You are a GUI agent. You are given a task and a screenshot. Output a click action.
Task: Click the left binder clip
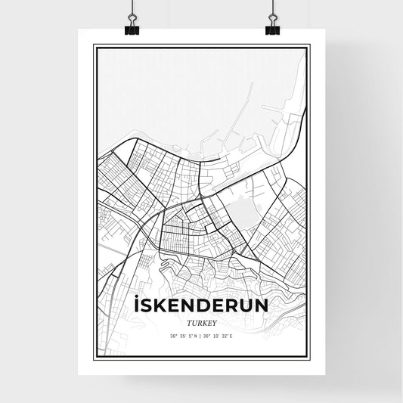pos(131,28)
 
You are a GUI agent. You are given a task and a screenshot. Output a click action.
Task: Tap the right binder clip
pos(272,28)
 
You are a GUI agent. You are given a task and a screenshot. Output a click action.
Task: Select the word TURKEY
pos(200,321)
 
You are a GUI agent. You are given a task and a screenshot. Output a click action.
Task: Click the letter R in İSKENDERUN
pos(228,308)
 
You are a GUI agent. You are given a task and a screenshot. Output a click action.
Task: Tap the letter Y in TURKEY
pos(215,321)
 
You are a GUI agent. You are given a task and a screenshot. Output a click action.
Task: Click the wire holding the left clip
pos(131,11)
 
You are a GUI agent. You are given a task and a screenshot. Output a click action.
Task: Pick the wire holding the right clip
pos(272,11)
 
